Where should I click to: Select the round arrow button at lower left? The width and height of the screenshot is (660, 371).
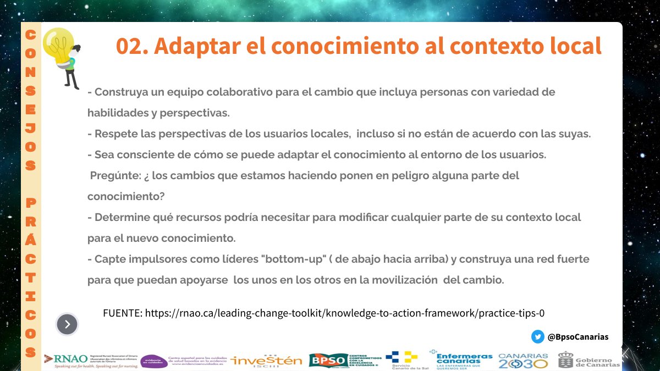(67, 324)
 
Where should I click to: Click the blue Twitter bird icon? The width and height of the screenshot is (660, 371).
(537, 337)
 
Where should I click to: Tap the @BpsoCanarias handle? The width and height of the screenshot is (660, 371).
(577, 337)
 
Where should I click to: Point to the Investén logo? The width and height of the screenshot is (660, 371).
(267, 360)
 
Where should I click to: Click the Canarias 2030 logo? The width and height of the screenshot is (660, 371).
(523, 360)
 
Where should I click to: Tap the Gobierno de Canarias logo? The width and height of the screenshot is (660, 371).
(588, 360)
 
